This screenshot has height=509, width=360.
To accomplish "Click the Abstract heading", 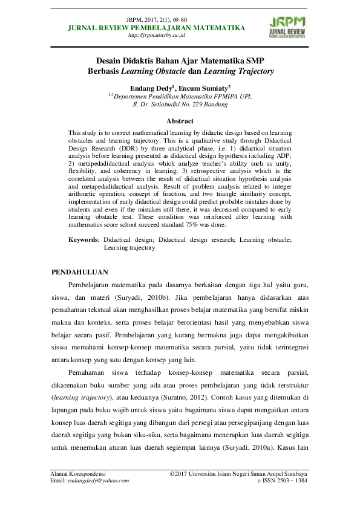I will pyautogui.click(x=180, y=122).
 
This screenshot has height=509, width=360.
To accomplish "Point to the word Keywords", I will pyautogui.click(x=83, y=240).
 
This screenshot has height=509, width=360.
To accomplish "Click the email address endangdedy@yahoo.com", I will pyautogui.click(x=100, y=481).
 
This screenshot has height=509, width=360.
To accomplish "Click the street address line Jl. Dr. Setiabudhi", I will pyautogui.click(x=180, y=104).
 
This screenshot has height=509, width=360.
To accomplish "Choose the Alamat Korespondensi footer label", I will pyautogui.click(x=78, y=473).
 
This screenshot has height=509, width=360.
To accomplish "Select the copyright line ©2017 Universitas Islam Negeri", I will pyautogui.click(x=239, y=473).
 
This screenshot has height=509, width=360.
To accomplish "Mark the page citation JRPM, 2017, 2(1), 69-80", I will pyautogui.click(x=157, y=20).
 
